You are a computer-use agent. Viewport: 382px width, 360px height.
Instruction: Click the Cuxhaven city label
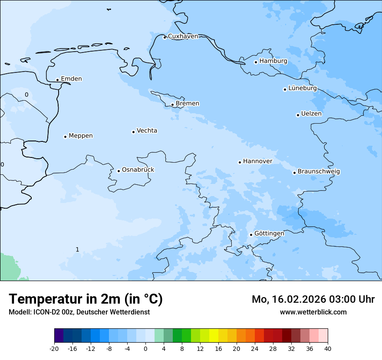(x=183, y=36)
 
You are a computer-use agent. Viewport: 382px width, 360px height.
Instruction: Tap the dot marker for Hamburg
(x=256, y=62)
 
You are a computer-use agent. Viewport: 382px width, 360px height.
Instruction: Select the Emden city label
(x=71, y=79)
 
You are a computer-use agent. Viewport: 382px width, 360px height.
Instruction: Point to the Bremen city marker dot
(x=172, y=105)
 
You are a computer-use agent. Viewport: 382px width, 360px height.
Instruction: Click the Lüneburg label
(x=303, y=88)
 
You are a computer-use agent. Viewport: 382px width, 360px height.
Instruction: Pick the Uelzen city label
(x=311, y=114)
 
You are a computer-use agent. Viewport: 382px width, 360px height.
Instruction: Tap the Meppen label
(x=81, y=136)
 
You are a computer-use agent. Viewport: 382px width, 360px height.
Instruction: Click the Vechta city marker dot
(x=133, y=132)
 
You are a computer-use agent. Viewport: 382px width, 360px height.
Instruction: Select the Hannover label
(x=257, y=161)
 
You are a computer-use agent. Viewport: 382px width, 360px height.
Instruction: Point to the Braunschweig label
(x=319, y=172)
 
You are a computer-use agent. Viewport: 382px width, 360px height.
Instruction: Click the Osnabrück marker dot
(x=119, y=171)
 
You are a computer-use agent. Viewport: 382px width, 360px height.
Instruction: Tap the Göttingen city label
(x=269, y=233)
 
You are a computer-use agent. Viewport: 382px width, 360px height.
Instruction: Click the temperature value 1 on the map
(x=77, y=249)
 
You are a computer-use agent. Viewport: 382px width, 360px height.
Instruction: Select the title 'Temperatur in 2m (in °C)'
(x=86, y=299)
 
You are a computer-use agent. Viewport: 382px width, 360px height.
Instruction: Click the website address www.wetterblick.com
(x=313, y=312)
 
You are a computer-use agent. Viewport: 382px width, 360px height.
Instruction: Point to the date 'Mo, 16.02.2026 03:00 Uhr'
(x=313, y=299)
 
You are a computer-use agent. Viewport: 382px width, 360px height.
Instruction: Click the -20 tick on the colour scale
(x=54, y=348)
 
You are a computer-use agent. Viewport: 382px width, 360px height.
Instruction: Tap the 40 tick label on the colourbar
(x=328, y=348)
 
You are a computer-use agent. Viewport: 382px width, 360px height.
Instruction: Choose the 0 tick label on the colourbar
(x=145, y=348)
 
